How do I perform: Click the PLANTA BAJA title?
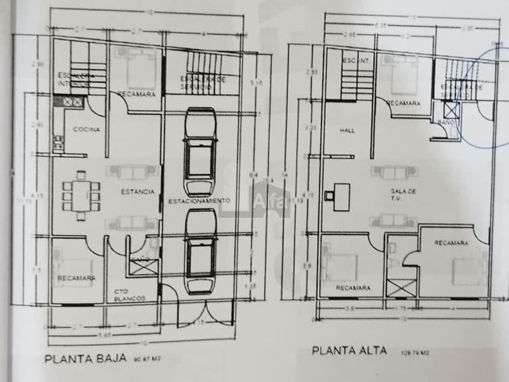point(85,358)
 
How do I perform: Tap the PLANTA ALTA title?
point(350,351)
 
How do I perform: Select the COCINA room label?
point(87,130)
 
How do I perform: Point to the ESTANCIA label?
point(138,192)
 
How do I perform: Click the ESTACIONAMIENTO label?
point(200,201)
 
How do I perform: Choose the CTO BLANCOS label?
point(130,295)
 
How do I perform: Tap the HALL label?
point(347,131)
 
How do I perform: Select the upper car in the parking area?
point(200,152)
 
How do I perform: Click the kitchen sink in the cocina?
point(68,102)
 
